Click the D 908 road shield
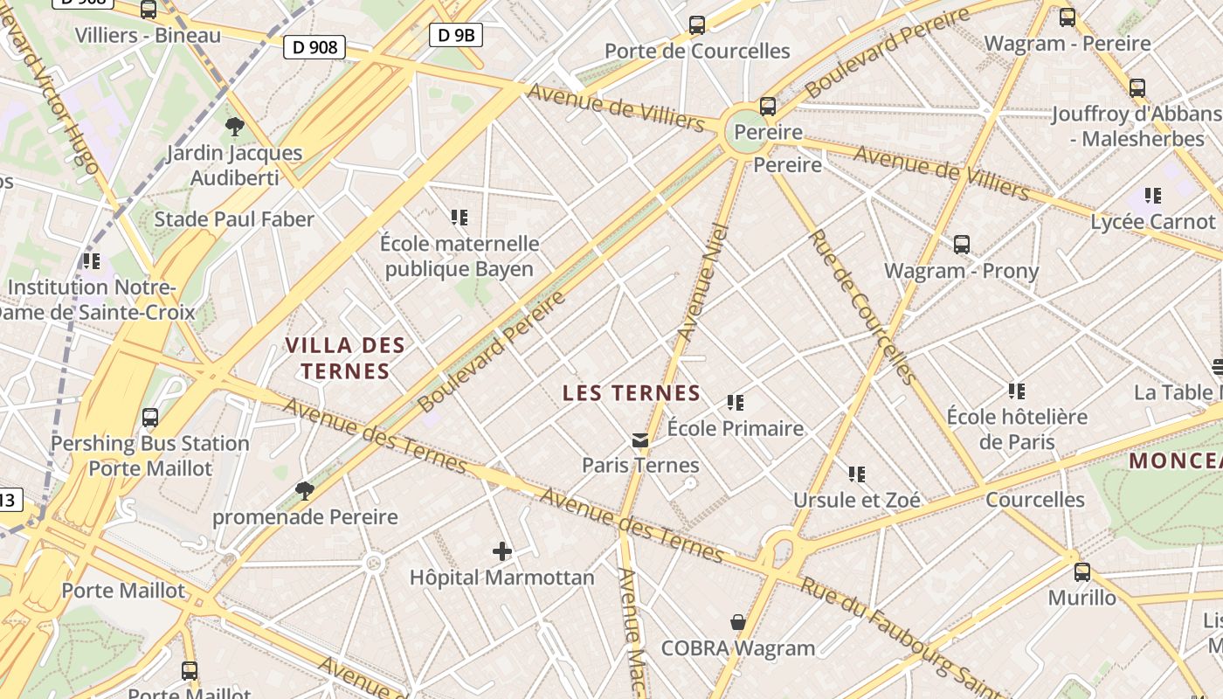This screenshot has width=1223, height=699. [x=314, y=47]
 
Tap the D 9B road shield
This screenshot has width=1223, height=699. [x=456, y=35]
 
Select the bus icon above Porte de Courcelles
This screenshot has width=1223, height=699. [x=696, y=25]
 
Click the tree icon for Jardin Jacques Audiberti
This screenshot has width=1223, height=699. [x=234, y=127]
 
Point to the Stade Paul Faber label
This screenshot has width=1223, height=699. [x=234, y=219]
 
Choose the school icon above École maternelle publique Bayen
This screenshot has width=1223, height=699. [x=459, y=217]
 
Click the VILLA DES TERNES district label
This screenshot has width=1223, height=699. [x=345, y=358]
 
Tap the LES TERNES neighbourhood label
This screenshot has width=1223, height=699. [x=632, y=393]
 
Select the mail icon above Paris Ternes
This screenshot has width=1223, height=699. [x=641, y=439]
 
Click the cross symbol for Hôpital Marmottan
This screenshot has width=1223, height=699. [x=502, y=550]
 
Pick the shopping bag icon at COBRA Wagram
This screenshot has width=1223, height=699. [x=738, y=622]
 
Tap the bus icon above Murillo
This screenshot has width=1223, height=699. [x=1081, y=572]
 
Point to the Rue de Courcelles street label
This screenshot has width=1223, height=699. [x=861, y=306]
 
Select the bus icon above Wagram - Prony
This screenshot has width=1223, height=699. [x=962, y=245]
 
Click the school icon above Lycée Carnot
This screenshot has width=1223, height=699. [x=1153, y=196]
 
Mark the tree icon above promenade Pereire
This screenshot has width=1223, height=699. [x=305, y=490]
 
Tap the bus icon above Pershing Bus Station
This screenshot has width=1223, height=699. [x=150, y=418]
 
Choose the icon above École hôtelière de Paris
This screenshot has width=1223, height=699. [x=1017, y=391]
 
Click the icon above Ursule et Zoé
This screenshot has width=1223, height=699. [x=857, y=474]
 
